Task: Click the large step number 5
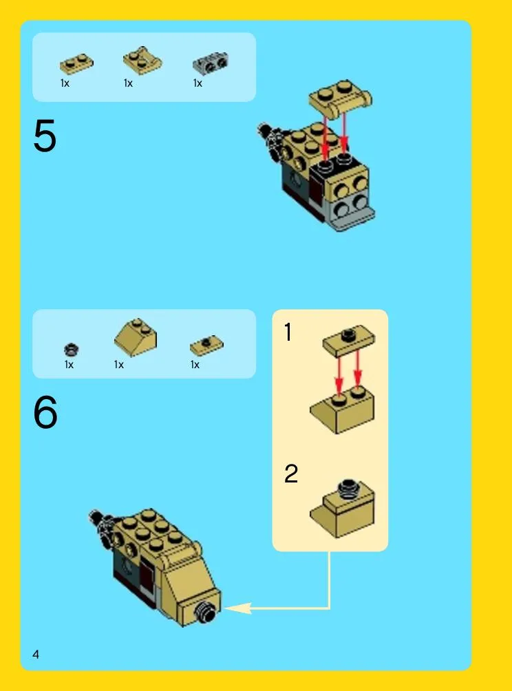[x=45, y=136]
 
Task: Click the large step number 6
[x=45, y=412]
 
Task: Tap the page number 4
[x=36, y=654]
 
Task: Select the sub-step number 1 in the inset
[x=288, y=332]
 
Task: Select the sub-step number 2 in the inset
[x=291, y=474]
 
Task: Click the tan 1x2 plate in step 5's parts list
[x=76, y=63]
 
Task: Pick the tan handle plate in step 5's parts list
[x=142, y=61]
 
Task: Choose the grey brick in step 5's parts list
[x=211, y=63]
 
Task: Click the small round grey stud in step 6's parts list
[x=71, y=350]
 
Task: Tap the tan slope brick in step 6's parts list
[x=136, y=337]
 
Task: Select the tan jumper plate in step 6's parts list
[x=206, y=345]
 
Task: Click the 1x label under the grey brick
[x=198, y=83]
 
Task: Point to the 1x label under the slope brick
[x=119, y=365]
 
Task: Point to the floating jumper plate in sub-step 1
[x=348, y=341]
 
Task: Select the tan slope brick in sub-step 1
[x=342, y=410]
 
